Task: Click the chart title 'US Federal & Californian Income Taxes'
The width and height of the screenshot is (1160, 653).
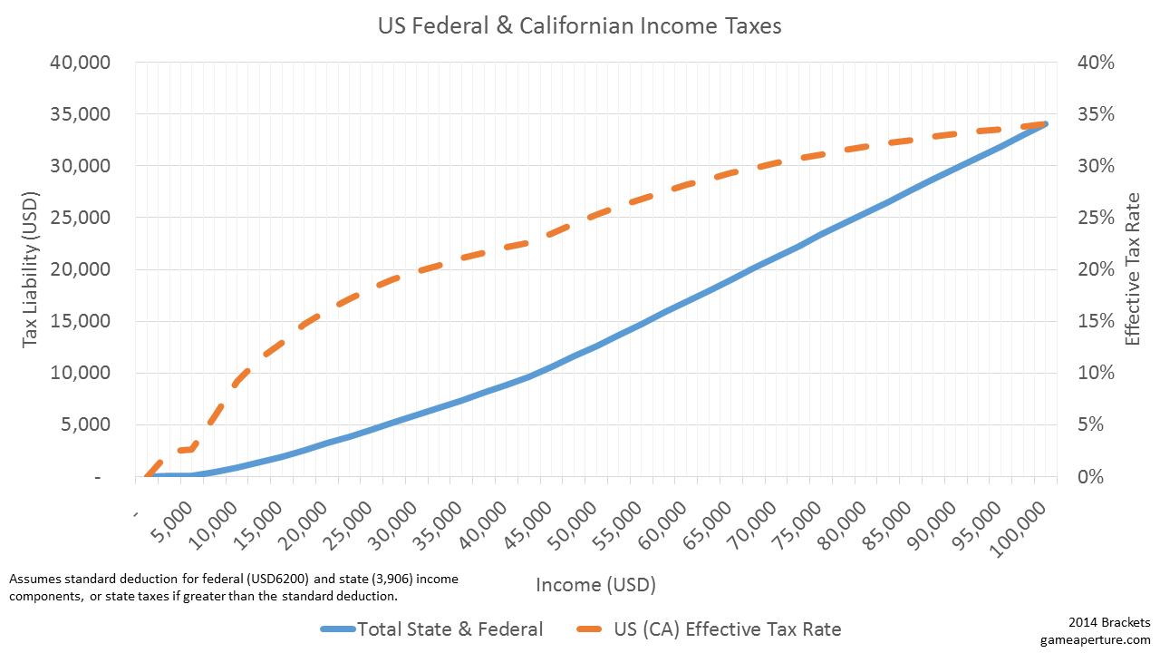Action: pos(579,26)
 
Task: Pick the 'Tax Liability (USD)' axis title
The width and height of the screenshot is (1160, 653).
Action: pos(31,269)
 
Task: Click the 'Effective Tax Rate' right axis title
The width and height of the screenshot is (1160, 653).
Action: pos(1132,269)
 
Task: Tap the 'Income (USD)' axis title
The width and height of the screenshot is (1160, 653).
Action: pos(595,584)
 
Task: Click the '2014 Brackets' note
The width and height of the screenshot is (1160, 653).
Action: pos(1109,623)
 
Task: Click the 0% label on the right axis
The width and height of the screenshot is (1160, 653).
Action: pos(1088,477)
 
